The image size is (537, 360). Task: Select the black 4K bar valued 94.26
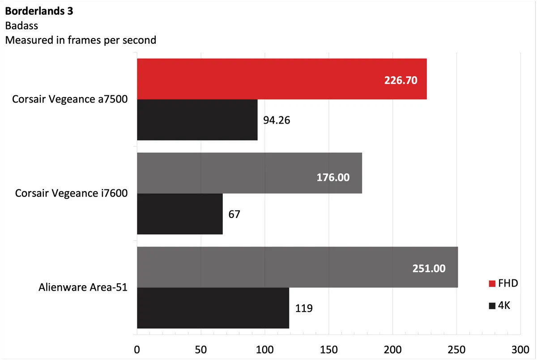coord(197,120)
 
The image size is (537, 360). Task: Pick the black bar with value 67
coord(179,214)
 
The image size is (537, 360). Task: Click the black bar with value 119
coord(213,308)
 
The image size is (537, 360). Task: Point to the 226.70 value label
coord(401,81)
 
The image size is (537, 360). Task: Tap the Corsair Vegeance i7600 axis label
coord(72,193)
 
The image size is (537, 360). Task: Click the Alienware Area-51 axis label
coord(83,287)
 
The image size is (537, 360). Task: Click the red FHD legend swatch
coord(492,283)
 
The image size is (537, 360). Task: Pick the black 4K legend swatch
coord(492,306)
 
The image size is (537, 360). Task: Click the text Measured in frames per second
coord(81,40)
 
